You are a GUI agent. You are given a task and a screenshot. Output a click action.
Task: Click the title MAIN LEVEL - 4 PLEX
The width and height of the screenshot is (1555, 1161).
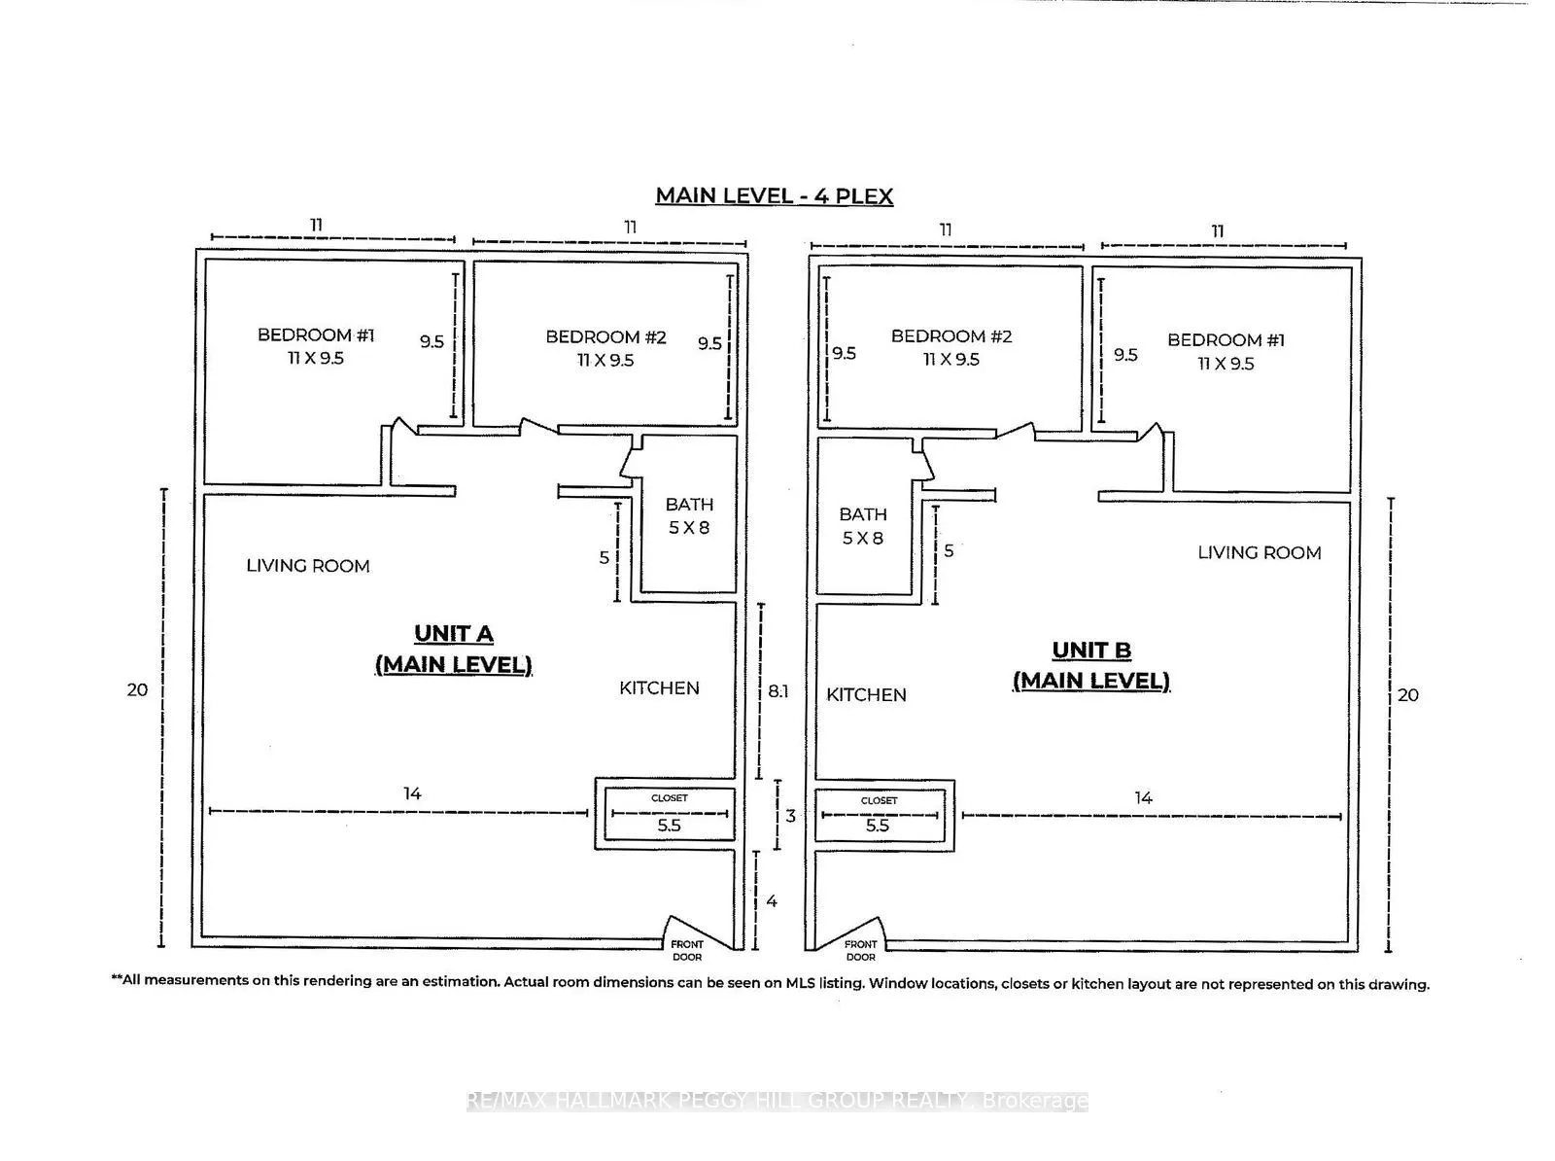(x=774, y=195)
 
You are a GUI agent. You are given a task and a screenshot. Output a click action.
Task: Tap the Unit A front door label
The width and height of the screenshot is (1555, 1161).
(x=687, y=950)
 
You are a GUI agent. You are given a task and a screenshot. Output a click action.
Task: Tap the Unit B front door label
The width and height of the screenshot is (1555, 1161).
(x=860, y=950)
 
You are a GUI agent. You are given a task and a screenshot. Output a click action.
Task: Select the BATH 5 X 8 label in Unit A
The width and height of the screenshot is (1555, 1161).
(x=689, y=516)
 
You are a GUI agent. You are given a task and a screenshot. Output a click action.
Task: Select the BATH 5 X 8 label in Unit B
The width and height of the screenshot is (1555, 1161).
(x=863, y=526)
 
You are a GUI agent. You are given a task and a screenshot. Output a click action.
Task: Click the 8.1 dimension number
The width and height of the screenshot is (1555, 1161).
(x=778, y=691)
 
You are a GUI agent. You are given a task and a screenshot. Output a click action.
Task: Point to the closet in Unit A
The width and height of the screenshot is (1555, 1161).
(x=669, y=814)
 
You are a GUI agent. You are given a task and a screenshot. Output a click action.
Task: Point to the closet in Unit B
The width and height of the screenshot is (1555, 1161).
(x=879, y=816)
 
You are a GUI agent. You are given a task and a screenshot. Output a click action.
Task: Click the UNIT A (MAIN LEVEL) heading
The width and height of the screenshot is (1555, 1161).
(x=454, y=649)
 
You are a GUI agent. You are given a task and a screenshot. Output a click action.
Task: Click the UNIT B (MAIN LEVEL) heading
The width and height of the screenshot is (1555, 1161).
(x=1091, y=665)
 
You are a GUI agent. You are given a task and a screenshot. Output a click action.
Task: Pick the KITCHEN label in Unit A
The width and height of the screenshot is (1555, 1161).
(x=659, y=688)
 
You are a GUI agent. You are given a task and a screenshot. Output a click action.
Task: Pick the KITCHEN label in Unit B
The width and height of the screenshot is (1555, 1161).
(x=866, y=695)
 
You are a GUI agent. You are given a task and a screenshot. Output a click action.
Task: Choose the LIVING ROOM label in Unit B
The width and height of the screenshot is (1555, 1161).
(x=1259, y=553)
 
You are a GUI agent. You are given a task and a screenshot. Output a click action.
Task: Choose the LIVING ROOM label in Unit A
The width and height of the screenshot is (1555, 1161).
(x=307, y=566)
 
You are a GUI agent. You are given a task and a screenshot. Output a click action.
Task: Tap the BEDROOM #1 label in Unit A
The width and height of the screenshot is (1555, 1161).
(x=316, y=346)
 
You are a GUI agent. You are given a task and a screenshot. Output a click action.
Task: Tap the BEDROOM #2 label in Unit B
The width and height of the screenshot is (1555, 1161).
(x=951, y=347)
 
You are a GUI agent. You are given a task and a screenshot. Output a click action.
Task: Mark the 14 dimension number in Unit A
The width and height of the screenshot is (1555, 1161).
(x=412, y=793)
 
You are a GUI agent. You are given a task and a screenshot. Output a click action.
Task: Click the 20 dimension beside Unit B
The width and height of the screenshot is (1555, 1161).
(x=1407, y=695)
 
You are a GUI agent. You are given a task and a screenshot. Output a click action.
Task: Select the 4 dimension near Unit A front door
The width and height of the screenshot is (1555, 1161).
(x=772, y=901)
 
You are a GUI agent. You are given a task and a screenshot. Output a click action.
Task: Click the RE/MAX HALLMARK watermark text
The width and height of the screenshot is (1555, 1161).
(x=777, y=1101)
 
